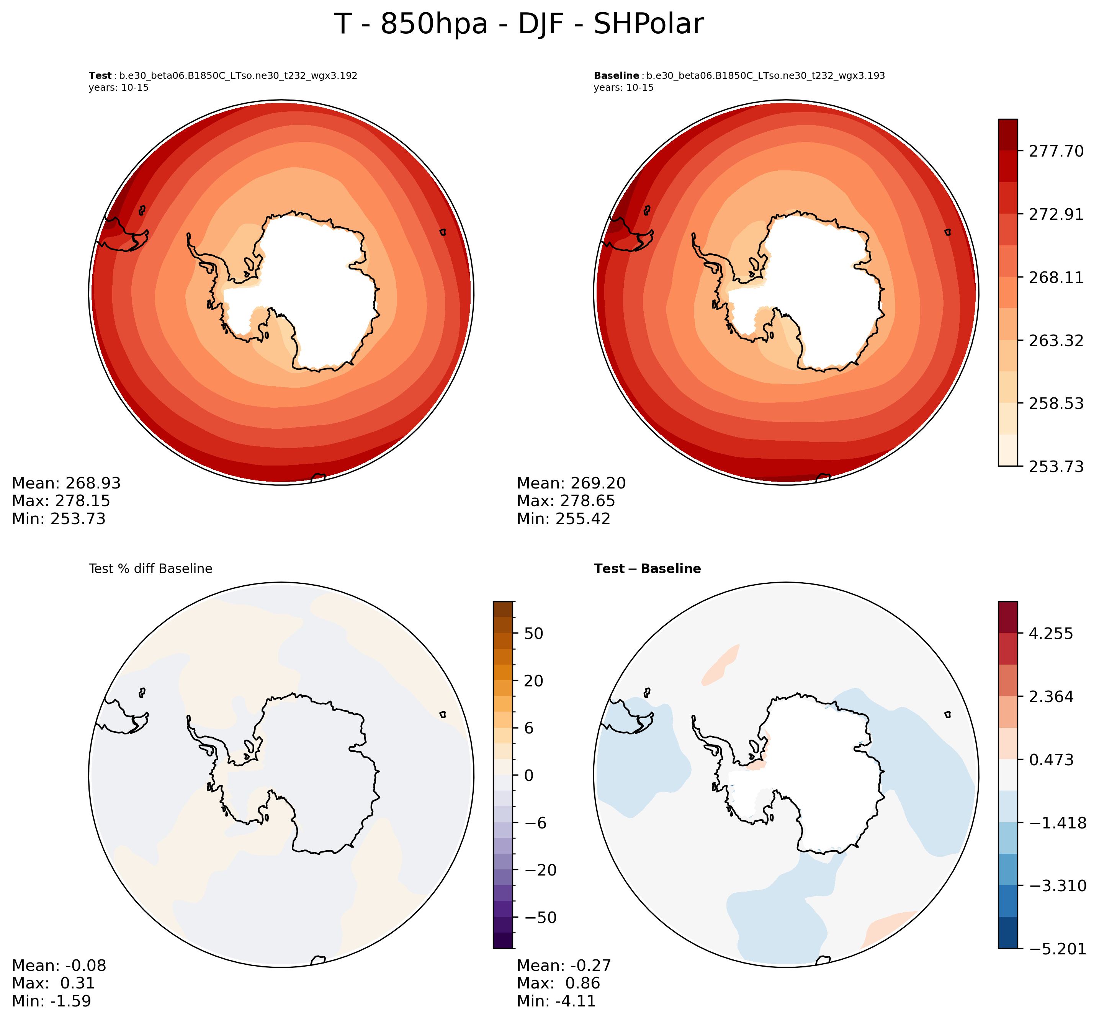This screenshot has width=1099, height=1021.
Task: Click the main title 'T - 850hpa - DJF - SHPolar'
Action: point(519,25)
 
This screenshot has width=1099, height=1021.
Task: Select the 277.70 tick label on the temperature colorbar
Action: point(1055,151)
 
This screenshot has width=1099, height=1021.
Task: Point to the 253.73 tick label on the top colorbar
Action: point(1055,467)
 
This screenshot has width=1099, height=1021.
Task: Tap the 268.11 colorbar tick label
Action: point(1055,277)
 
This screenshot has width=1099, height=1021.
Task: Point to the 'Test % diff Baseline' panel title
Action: point(150,569)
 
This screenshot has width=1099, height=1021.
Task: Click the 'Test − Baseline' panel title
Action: point(647,569)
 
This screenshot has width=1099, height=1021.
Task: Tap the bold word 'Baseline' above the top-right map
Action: point(616,76)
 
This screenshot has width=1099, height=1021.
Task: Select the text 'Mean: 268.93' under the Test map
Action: point(66,484)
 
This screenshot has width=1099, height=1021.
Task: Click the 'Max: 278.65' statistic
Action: point(566,501)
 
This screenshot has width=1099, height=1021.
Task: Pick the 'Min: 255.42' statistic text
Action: point(564,519)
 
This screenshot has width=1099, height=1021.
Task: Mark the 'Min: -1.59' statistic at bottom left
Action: point(51,1001)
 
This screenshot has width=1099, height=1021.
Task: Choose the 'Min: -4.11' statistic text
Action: point(556,1001)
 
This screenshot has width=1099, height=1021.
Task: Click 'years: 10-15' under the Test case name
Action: point(118,88)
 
